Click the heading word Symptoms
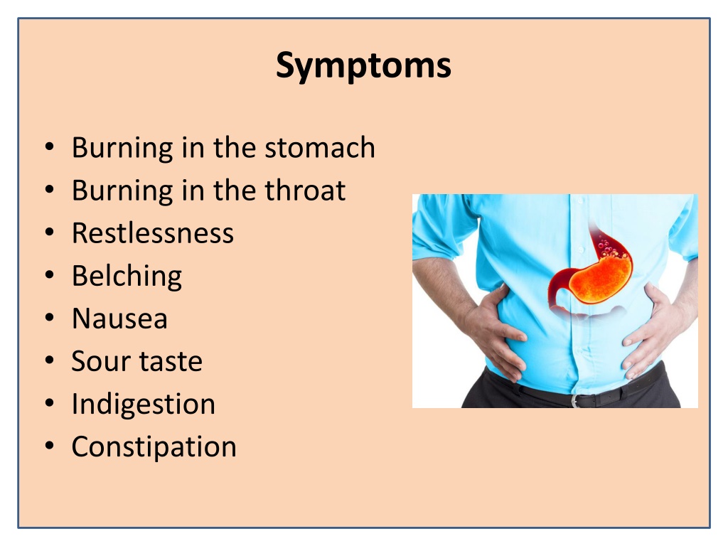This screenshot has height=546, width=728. click(363, 65)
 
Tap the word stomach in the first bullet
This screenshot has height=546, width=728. click(319, 148)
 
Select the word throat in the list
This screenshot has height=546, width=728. click(305, 191)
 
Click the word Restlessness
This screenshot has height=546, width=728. click(153, 233)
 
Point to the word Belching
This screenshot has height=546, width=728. click(127, 277)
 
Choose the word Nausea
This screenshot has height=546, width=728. click(119, 319)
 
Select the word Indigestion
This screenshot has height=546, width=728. click(144, 405)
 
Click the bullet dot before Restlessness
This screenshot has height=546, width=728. click(50, 232)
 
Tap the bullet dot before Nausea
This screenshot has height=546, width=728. click(50, 317)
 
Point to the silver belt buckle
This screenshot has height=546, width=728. click(576, 401)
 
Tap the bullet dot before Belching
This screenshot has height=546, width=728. click(50, 274)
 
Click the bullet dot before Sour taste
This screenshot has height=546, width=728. click(50, 360)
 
